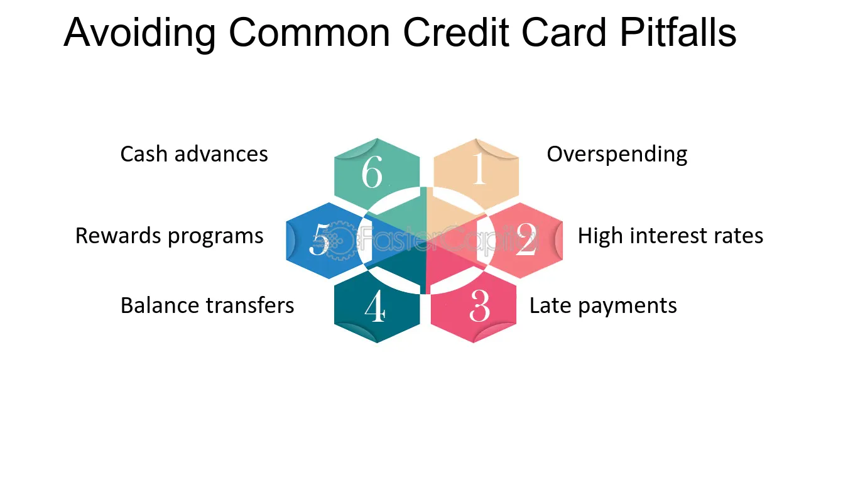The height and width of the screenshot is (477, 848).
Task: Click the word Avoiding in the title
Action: pyautogui.click(x=139, y=33)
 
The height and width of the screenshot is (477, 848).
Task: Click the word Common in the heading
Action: pyautogui.click(x=309, y=33)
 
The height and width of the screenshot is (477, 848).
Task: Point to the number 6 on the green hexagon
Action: pyautogui.click(x=372, y=172)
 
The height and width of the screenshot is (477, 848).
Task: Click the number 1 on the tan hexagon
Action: pyautogui.click(x=479, y=168)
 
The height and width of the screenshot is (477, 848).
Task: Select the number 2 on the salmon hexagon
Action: pyautogui.click(x=526, y=239)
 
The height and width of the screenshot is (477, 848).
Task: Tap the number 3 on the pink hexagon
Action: pyautogui.click(x=479, y=305)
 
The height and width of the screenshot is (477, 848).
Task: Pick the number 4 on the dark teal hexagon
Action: pyautogui.click(x=375, y=306)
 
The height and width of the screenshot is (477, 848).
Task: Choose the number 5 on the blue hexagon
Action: pyautogui.click(x=320, y=239)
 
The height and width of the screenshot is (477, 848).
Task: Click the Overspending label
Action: pyautogui.click(x=617, y=155)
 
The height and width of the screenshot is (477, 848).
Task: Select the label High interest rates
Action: pyautogui.click(x=670, y=236)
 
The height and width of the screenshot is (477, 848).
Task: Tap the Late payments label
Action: pyautogui.click(x=603, y=306)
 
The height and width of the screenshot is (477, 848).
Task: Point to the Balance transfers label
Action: pyautogui.click(x=207, y=305)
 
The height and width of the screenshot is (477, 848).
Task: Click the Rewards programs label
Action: pyautogui.click(x=169, y=236)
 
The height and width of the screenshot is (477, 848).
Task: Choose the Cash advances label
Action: pyautogui.click(x=194, y=154)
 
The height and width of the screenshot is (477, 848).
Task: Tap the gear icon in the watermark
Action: pyautogui.click(x=338, y=240)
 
